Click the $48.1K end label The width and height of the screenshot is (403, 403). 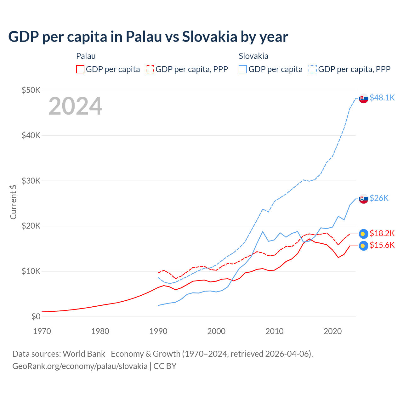tap(382, 98)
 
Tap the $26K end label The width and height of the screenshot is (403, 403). tap(379, 198)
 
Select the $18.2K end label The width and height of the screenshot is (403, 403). tap(382, 233)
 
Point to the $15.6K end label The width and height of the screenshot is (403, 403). tap(382, 245)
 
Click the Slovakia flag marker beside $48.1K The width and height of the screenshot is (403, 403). tap(364, 99)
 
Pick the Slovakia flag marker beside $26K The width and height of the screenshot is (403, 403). tap(364, 199)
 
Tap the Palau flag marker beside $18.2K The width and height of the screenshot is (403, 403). tap(364, 234)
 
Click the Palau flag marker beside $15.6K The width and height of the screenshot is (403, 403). tap(364, 246)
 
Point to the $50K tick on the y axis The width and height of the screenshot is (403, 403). tap(31, 90)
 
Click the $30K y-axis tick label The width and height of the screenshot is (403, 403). tap(31, 181)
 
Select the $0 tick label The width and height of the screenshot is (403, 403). tap(36, 316)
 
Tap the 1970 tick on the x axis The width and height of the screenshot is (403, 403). tap(42, 331)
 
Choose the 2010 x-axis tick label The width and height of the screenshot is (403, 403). tap(275, 331)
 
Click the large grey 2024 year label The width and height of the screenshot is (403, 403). tap(75, 106)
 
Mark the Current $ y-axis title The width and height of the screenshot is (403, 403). tap(13, 202)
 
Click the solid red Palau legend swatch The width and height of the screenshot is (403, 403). tap(80, 69)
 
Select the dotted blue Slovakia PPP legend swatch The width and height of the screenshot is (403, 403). tap(313, 69)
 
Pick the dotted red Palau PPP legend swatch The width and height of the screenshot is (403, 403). tap(150, 69)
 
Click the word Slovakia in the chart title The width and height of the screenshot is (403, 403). tap(210, 37)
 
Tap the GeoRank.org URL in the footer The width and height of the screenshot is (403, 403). tap(80, 366)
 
